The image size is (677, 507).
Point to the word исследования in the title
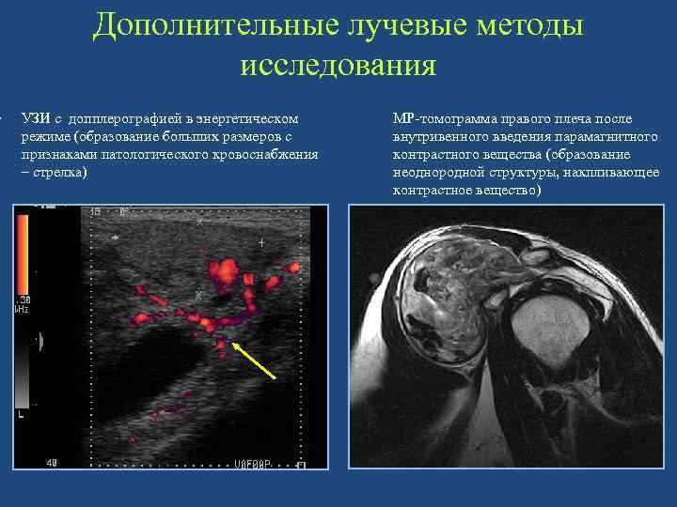[x=338, y=65]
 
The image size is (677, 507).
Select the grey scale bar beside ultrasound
[x=23, y=366]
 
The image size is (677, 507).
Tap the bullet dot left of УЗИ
[x=3, y=120]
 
